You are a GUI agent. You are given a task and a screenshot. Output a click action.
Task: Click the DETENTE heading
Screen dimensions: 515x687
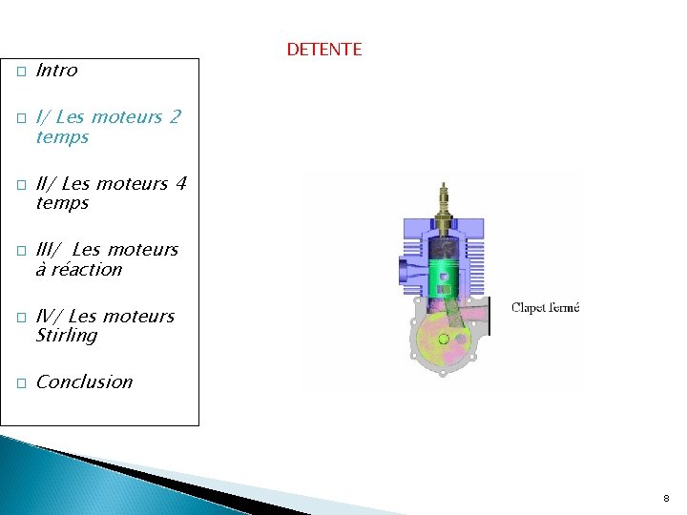point(323,50)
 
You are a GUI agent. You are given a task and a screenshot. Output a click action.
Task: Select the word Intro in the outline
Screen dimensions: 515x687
point(56,71)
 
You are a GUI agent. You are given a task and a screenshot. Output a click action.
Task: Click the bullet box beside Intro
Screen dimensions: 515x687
point(20,72)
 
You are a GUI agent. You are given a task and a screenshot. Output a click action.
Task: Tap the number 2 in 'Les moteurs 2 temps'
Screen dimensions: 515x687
point(174,117)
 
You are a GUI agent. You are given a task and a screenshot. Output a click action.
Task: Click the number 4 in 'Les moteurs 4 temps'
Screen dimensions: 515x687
point(179,183)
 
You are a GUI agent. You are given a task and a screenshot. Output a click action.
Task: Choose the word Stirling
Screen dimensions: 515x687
point(66,336)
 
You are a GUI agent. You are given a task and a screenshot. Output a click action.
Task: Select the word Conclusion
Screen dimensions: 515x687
point(84,382)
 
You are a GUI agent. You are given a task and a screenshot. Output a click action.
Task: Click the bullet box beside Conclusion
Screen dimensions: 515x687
point(20,383)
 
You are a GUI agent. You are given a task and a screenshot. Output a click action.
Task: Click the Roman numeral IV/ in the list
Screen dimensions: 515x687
point(50,316)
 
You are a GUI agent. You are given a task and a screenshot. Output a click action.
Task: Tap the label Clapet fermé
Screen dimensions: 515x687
point(545,307)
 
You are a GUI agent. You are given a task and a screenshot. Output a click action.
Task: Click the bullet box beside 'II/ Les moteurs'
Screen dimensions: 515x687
point(20,185)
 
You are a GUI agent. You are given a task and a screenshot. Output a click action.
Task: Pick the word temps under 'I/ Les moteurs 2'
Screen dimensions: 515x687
point(62,137)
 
